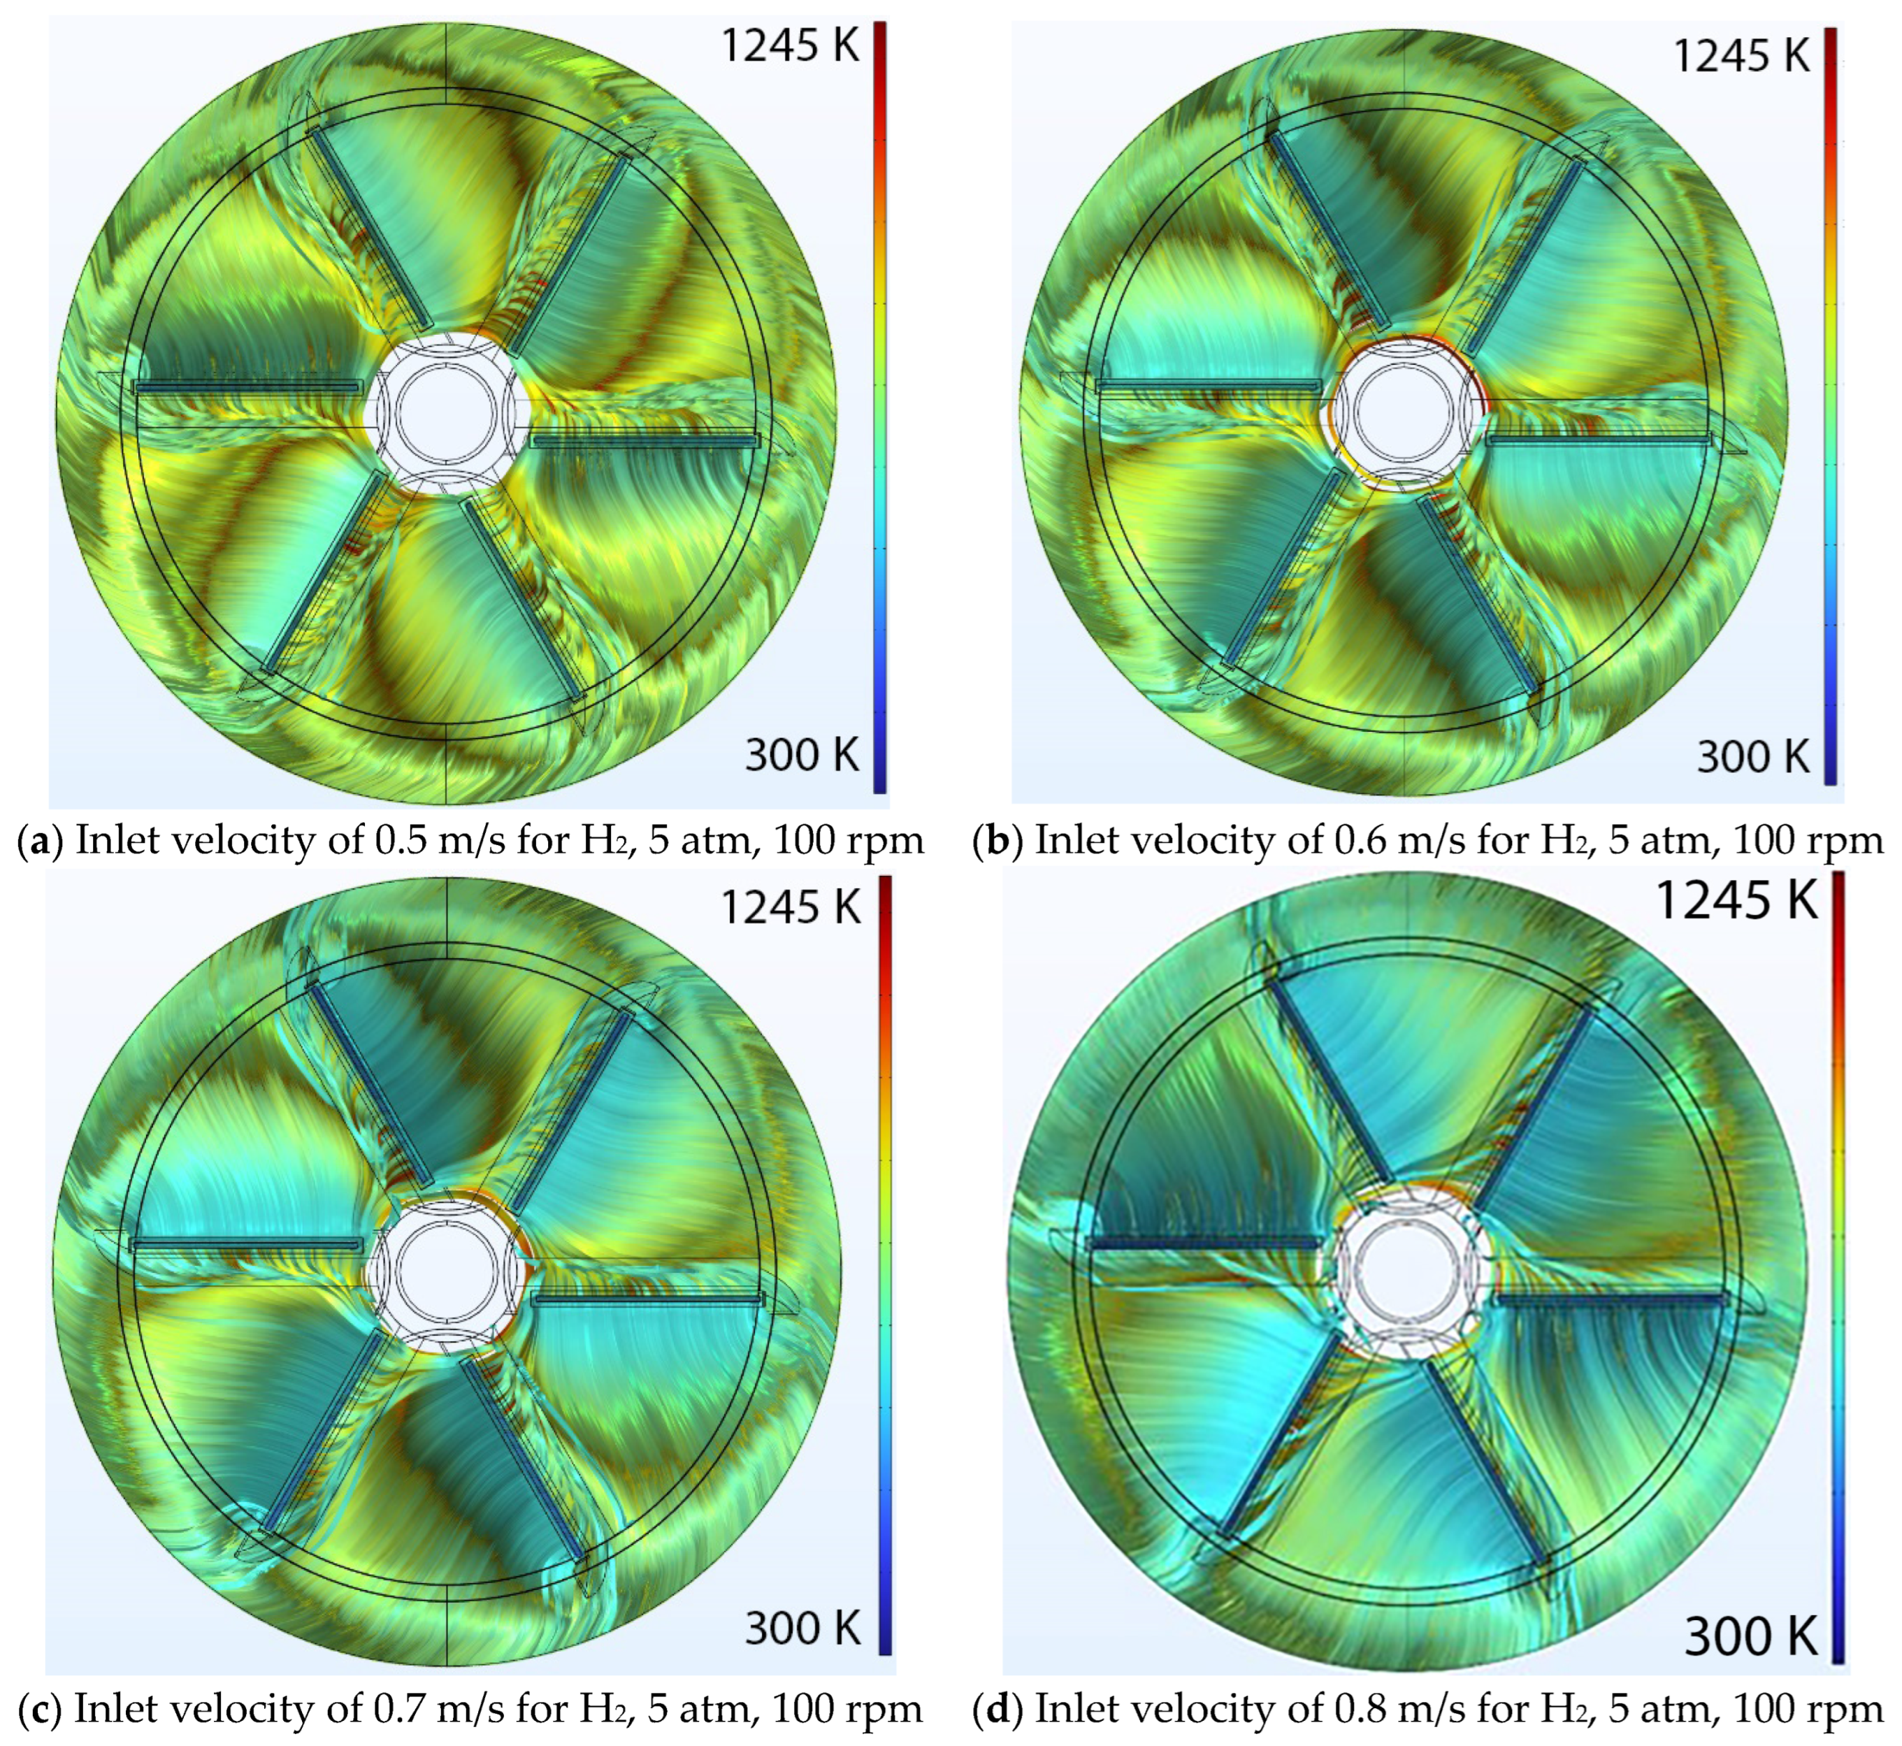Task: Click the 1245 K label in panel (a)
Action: pos(790,45)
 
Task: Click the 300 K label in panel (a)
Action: pos(801,755)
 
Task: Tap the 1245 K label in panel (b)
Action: pos(1741,57)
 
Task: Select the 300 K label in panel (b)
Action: pos(1752,757)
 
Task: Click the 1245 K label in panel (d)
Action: pos(1736,898)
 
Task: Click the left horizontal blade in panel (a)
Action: pos(247,387)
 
